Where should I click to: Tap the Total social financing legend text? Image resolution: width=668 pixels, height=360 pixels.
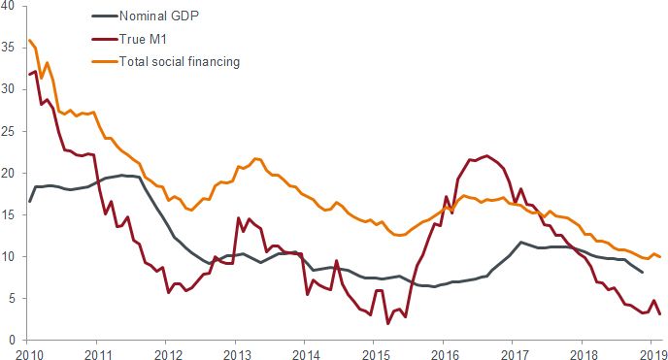click(x=179, y=61)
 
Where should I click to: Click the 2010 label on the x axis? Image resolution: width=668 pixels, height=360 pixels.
click(x=28, y=353)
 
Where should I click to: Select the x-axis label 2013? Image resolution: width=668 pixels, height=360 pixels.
click(x=236, y=353)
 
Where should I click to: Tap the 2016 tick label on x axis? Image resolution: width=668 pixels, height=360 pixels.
click(x=443, y=353)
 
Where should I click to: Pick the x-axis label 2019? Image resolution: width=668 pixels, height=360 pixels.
click(x=650, y=353)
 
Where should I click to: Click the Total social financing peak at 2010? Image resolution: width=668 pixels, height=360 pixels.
click(x=30, y=41)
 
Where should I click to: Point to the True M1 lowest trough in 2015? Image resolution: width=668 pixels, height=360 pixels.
click(x=388, y=323)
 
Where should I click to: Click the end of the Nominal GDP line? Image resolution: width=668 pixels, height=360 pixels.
click(x=642, y=272)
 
